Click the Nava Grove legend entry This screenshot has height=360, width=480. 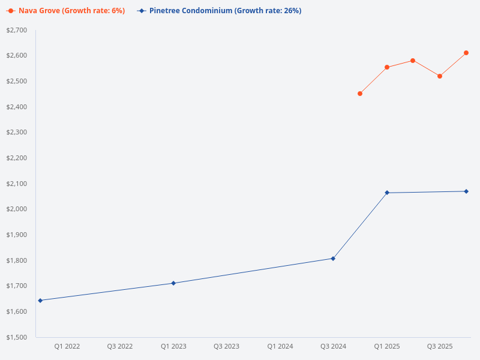66,11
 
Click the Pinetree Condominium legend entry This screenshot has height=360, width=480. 219,11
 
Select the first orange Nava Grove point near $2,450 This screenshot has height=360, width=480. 360,94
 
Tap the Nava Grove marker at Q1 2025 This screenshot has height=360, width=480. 387,67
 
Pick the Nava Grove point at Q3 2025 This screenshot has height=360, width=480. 440,76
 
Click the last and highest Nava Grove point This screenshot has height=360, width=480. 466,53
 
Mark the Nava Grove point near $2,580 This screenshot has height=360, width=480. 413,61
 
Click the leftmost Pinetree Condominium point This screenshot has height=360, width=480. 40,300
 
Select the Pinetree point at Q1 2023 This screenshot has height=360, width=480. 173,283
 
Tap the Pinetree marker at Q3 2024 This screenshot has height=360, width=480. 333,259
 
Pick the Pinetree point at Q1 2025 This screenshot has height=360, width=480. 387,193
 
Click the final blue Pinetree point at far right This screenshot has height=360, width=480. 466,191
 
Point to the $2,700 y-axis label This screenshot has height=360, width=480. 16,30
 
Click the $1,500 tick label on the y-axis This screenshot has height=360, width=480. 16,337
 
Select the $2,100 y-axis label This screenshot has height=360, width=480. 16,184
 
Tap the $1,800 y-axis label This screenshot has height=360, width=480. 16,260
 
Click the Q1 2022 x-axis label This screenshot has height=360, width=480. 67,346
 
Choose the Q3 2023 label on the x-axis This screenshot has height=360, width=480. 227,346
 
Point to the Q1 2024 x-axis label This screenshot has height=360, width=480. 280,346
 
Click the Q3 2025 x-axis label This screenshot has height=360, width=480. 440,346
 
